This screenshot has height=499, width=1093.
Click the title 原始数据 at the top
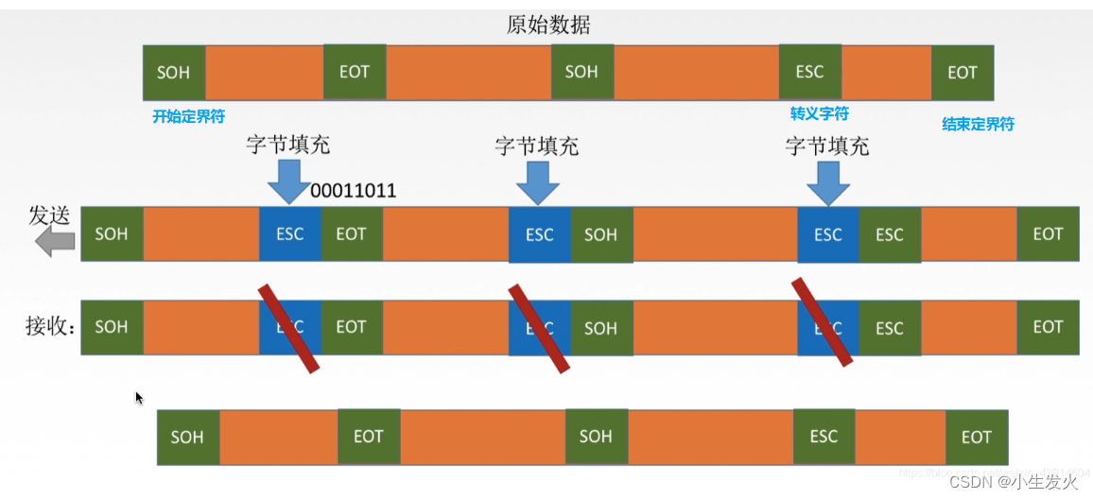point(548,25)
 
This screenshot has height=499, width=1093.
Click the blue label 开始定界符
point(189,118)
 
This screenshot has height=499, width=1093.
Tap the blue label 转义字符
point(819,113)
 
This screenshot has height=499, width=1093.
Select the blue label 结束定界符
point(978,124)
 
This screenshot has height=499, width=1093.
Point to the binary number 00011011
point(353,191)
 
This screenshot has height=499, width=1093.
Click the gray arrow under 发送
point(55,242)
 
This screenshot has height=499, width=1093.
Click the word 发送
point(50,215)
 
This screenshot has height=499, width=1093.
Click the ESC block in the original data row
point(809,72)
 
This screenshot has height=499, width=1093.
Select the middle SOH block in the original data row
point(581,72)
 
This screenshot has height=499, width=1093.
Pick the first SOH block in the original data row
point(174,73)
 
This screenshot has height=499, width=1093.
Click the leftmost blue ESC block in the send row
point(289,234)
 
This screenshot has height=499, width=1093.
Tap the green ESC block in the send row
point(889,234)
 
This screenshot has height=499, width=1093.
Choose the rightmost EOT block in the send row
point(1048,234)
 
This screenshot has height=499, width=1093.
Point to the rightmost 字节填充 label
point(827,146)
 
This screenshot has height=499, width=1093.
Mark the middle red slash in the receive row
point(539,327)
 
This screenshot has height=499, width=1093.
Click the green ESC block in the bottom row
point(824,437)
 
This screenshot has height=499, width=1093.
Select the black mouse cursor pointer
point(139,398)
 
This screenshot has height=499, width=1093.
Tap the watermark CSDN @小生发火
point(1014,481)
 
